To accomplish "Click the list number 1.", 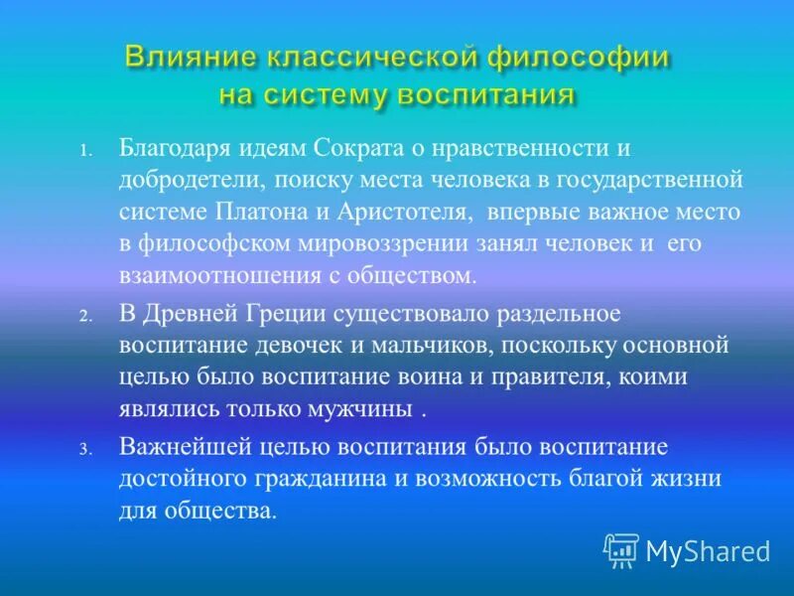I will pos(86,152).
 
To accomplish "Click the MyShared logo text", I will pos(708,549).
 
